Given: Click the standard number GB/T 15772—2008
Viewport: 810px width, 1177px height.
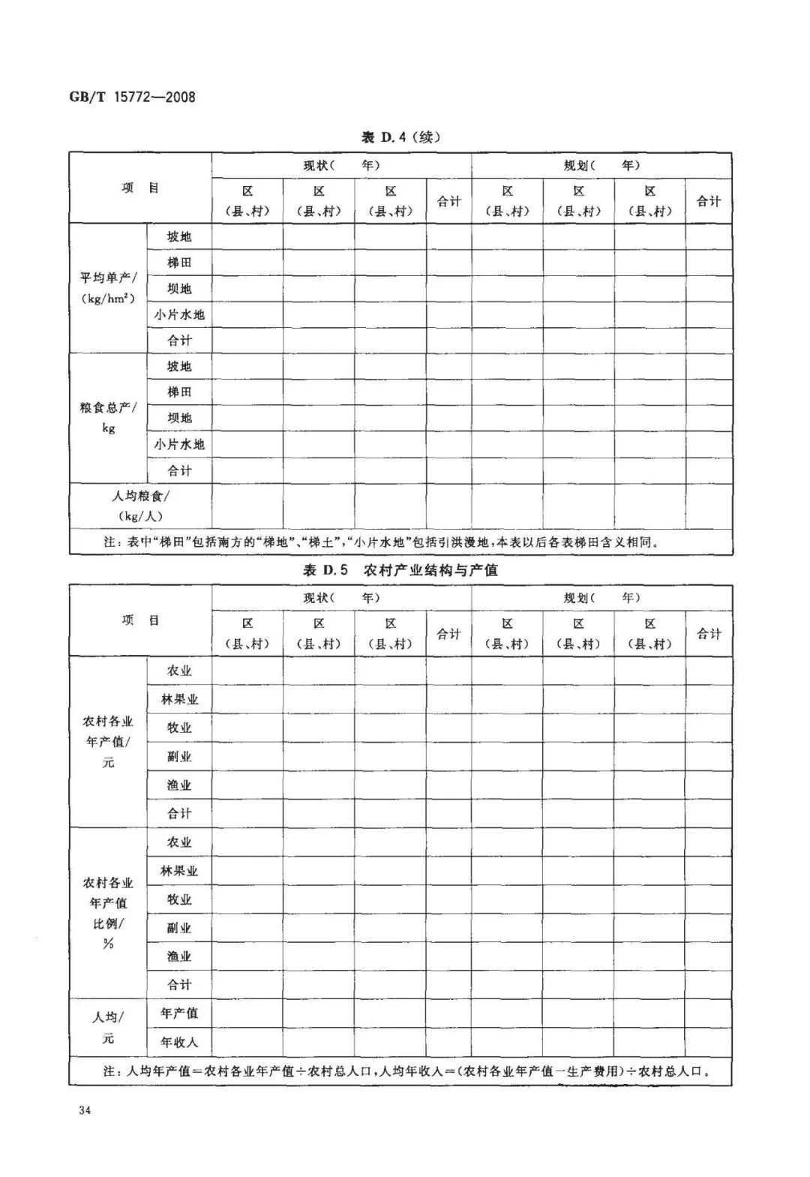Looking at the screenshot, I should coord(132,97).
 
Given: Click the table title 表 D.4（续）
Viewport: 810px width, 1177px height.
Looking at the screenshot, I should coord(400,137).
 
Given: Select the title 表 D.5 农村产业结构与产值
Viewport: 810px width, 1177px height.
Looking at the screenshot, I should coord(400,570).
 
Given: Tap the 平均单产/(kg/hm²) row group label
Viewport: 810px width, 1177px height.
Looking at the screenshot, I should coord(108,288).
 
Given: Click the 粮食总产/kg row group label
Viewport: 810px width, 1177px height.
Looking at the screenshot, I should coord(108,418).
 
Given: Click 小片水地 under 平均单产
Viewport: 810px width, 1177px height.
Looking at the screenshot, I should coord(179,315).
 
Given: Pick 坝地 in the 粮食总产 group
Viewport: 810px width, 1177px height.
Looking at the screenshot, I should coord(179,418).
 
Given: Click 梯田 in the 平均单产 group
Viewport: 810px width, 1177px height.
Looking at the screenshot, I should coord(179,263).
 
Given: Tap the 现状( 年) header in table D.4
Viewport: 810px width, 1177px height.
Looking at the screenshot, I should coord(341,165).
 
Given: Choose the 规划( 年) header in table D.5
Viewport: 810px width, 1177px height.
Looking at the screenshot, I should coord(601,598).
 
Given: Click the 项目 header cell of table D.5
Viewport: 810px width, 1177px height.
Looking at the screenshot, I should coord(140,620).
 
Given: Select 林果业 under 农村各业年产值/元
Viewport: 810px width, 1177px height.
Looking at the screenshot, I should coord(179,699).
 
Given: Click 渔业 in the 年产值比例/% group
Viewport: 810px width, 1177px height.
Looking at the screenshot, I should coord(179,956).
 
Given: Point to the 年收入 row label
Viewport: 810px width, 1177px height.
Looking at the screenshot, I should coord(179,1042).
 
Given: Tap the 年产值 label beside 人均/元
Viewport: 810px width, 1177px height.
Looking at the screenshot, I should coord(179,1013).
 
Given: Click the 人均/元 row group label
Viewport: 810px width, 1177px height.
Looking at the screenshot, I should coord(108,1028).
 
